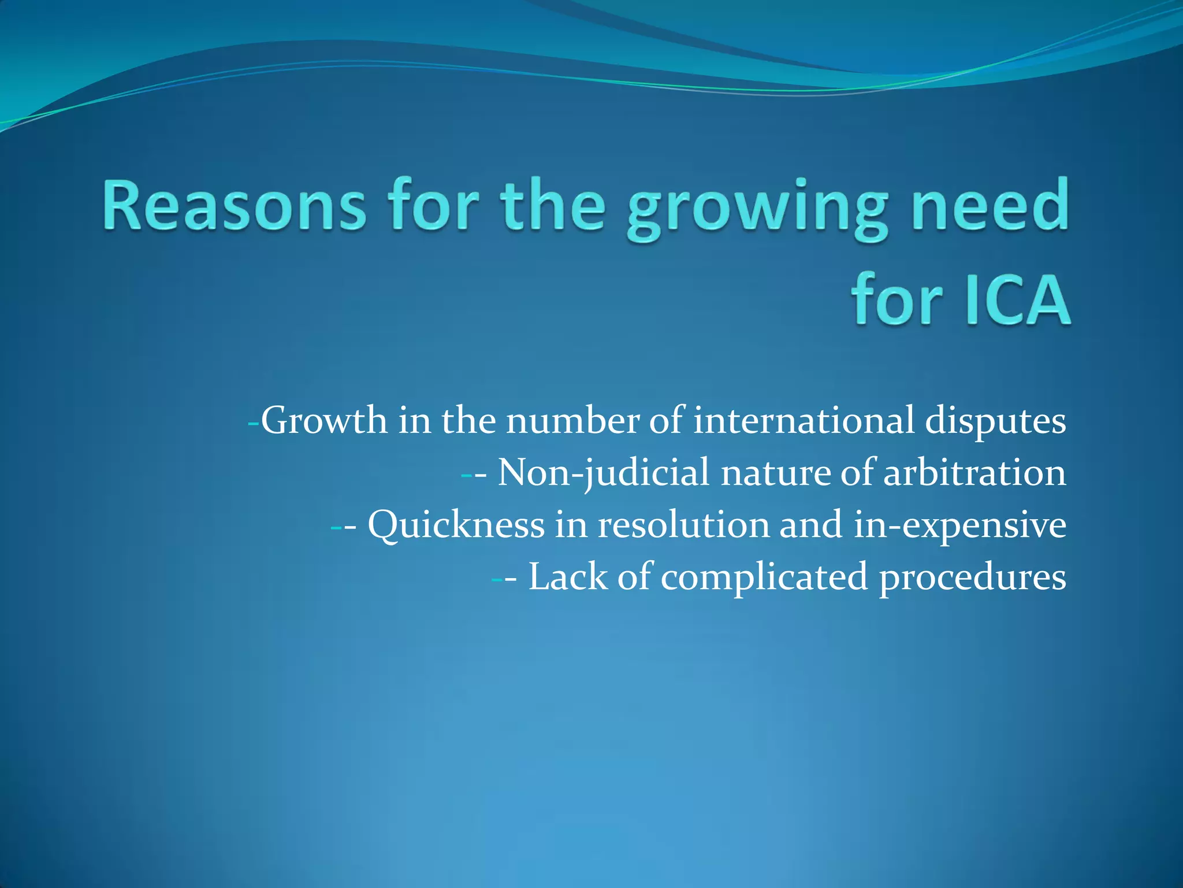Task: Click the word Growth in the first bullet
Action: [x=324, y=420]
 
